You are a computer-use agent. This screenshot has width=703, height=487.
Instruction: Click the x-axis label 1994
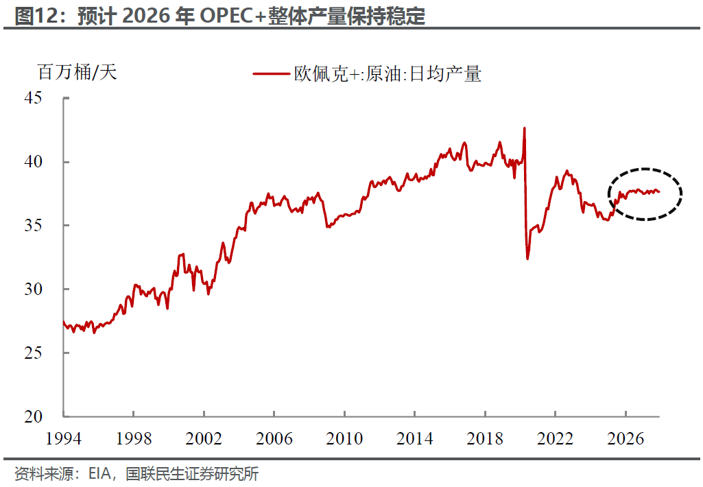[x=63, y=438]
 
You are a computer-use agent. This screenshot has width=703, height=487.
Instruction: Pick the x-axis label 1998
[x=133, y=438]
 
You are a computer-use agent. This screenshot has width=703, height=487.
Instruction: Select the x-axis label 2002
[x=204, y=438]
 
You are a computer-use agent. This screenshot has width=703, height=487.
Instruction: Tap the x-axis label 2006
[x=274, y=438]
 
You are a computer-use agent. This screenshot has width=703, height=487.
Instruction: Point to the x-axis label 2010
[x=344, y=438]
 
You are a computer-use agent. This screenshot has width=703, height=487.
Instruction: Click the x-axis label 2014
[x=414, y=438]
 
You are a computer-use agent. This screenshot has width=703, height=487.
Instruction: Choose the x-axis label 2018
[x=485, y=438]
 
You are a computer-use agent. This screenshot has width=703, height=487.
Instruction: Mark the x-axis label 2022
[x=555, y=438]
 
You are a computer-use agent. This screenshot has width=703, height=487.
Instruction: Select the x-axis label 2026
[x=625, y=438]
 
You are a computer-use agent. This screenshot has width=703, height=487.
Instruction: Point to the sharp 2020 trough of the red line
[x=527, y=259]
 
